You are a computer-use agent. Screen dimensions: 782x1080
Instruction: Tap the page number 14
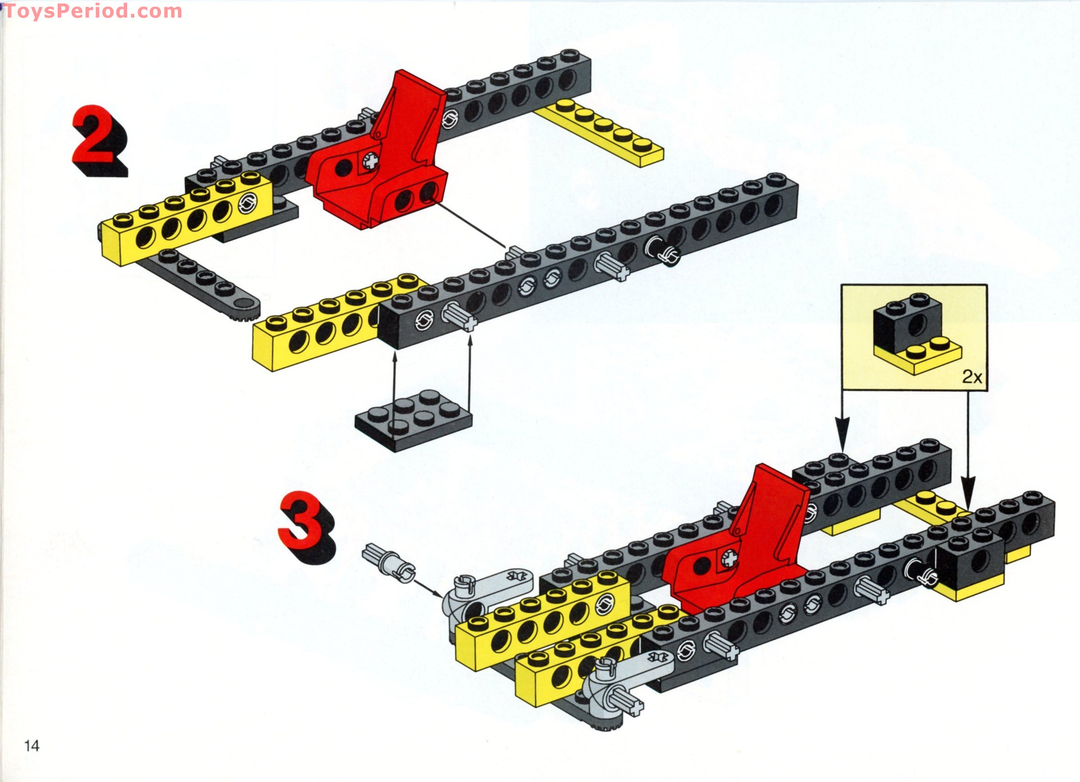pos(32,745)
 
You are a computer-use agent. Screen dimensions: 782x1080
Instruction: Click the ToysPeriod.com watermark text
pos(93,11)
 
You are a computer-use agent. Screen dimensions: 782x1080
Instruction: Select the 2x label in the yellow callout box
pos(971,377)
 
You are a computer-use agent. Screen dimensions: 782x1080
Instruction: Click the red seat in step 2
pos(381,162)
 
